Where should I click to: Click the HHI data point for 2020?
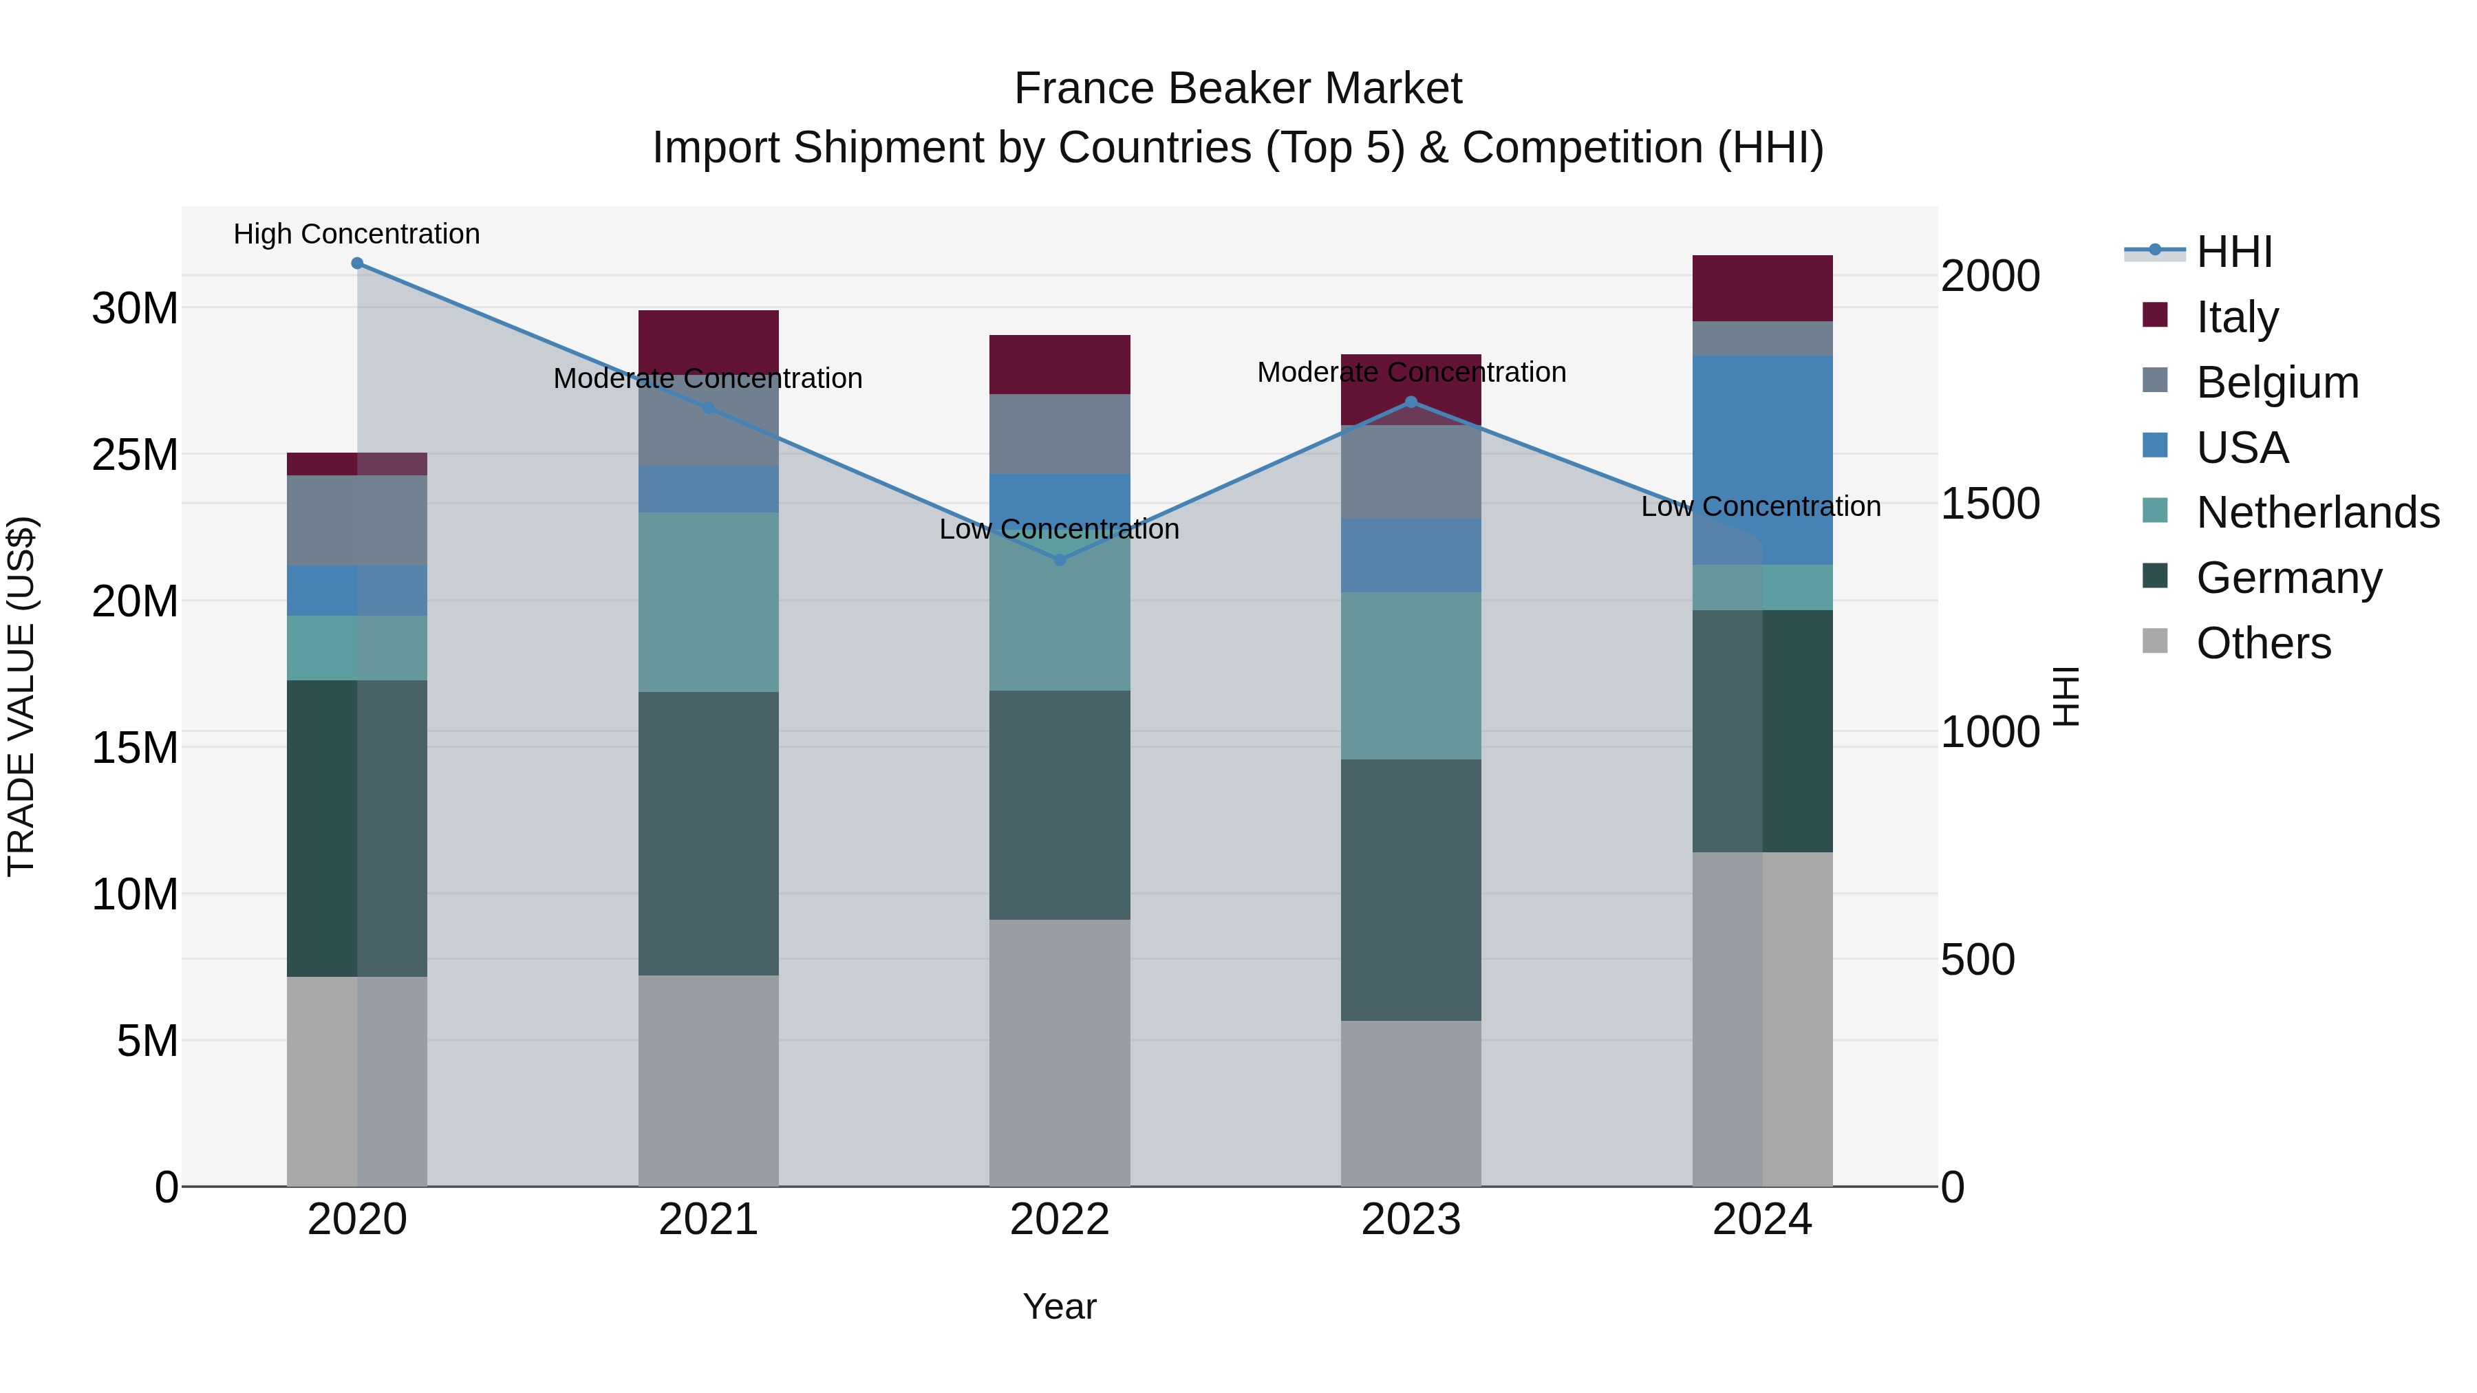point(356,263)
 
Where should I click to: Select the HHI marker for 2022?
point(1060,559)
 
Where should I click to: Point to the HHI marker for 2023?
point(1411,402)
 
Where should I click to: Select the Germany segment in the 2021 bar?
point(708,834)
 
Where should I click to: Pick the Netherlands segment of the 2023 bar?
point(1411,676)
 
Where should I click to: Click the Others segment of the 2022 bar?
point(1060,1052)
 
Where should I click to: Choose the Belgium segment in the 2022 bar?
point(1060,433)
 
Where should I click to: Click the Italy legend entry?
point(2237,317)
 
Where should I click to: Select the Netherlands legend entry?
point(2317,512)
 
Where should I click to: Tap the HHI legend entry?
point(2233,252)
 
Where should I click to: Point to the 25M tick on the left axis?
point(135,455)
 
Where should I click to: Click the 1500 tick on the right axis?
point(1989,504)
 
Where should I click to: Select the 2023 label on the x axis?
point(1411,1220)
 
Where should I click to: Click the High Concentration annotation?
point(356,235)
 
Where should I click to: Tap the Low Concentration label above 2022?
point(1059,530)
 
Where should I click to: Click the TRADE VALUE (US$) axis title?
point(21,696)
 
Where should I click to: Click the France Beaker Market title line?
point(1238,89)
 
